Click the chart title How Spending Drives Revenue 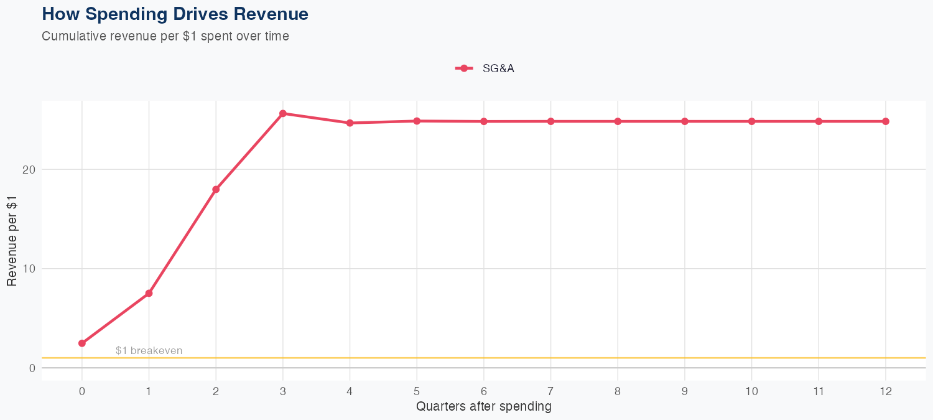[175, 14]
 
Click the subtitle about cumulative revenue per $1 [165, 36]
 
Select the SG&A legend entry [485, 68]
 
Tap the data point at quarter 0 [82, 343]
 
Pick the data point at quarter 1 [149, 293]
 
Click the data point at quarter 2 [216, 189]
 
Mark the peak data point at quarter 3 [283, 113]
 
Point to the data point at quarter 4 [350, 123]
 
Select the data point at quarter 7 [550, 121]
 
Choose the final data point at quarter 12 [885, 121]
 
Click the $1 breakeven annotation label [149, 351]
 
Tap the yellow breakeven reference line [498, 358]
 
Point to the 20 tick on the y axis [29, 169]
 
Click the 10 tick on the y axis [29, 269]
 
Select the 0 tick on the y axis [32, 368]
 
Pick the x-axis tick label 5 [417, 391]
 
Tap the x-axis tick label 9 [685, 391]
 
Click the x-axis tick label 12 [885, 391]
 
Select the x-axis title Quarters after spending [483, 407]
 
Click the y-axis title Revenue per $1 [12, 241]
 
